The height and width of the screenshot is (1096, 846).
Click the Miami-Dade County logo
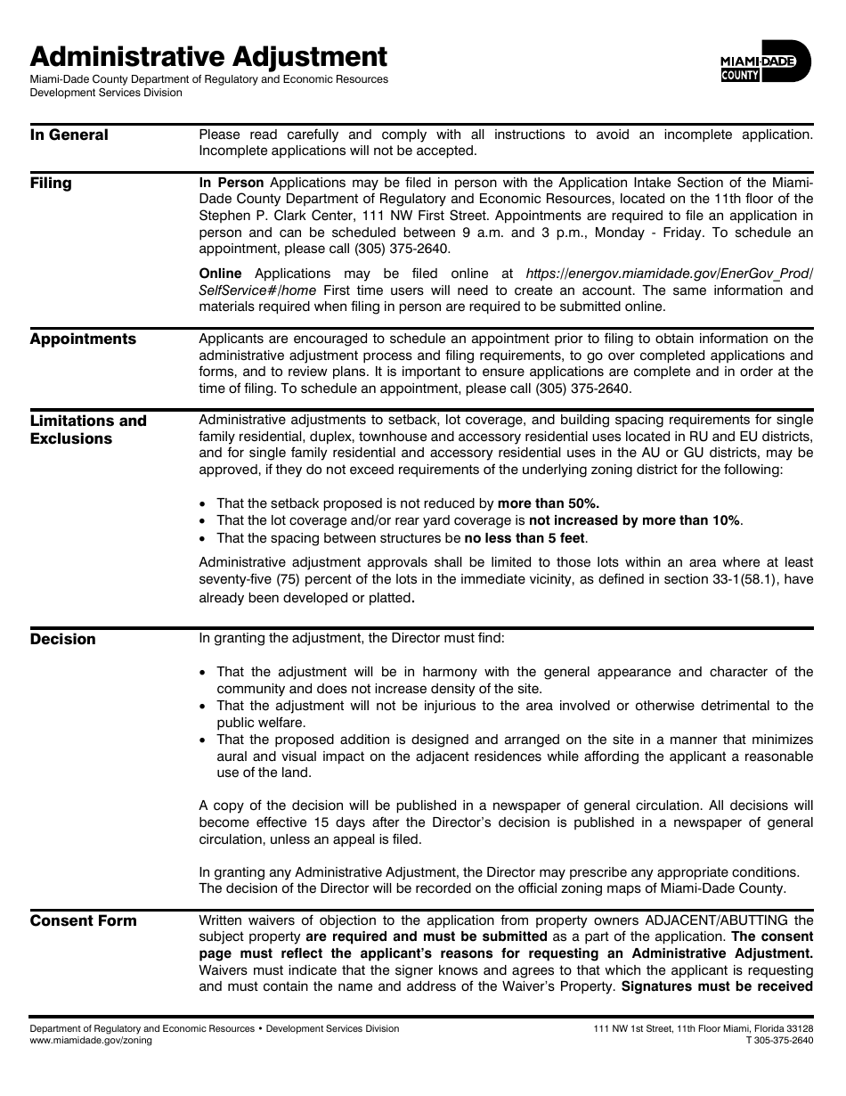[765, 64]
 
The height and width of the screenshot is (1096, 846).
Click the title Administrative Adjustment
[208, 57]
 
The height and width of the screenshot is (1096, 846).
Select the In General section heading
[69, 135]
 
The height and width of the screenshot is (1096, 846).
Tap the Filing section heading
[51, 184]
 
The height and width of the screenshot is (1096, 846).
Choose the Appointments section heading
[83, 339]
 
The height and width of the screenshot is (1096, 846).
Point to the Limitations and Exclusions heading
[88, 429]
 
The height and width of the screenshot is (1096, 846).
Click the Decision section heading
[62, 640]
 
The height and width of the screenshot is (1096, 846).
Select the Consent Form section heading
[84, 921]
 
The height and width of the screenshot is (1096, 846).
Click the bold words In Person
[231, 183]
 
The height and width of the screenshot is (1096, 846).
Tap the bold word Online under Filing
[220, 274]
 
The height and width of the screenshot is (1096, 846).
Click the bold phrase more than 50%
[548, 503]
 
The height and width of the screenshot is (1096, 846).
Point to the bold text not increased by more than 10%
[634, 520]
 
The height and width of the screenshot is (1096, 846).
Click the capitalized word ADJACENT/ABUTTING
[704, 920]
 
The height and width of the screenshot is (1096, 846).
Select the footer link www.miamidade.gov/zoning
[91, 1040]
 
